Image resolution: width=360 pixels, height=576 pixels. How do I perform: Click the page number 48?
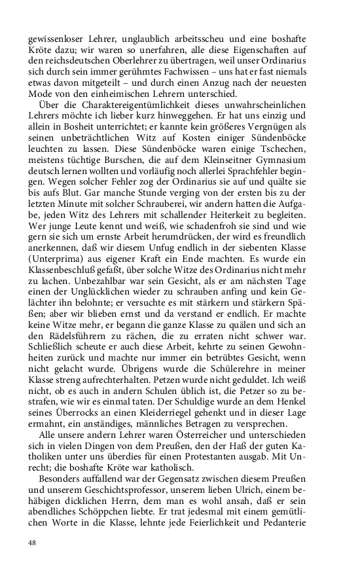tap(32, 543)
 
